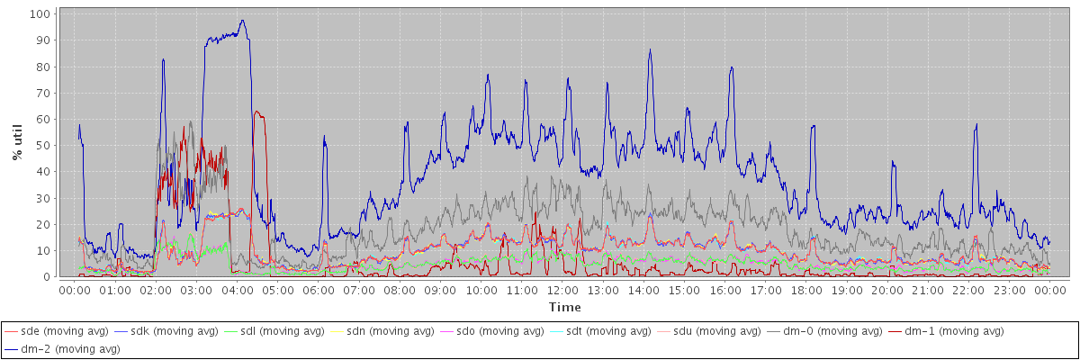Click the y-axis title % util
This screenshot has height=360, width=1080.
click(17, 142)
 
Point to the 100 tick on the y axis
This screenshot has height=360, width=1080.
click(40, 14)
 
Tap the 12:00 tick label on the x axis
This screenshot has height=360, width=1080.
click(562, 291)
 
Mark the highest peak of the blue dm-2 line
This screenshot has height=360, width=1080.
click(242, 21)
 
